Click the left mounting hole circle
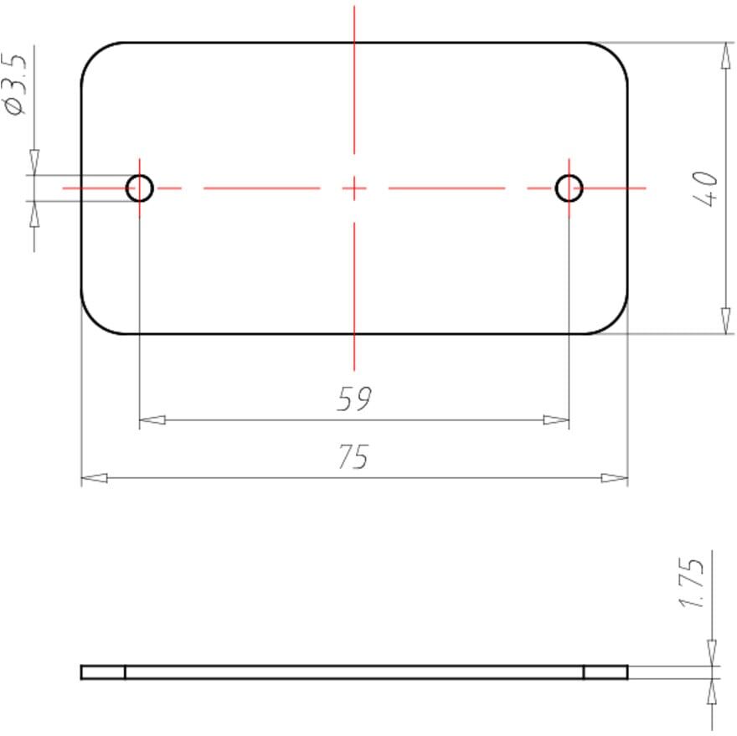(140, 175)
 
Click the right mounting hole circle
(569, 175)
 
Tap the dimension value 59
(354, 399)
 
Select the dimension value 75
(353, 457)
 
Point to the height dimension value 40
(706, 188)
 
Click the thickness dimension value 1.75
(693, 583)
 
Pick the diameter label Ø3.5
(16, 83)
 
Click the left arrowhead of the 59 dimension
(152, 419)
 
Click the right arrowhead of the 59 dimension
(556, 419)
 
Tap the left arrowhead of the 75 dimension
(95, 478)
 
